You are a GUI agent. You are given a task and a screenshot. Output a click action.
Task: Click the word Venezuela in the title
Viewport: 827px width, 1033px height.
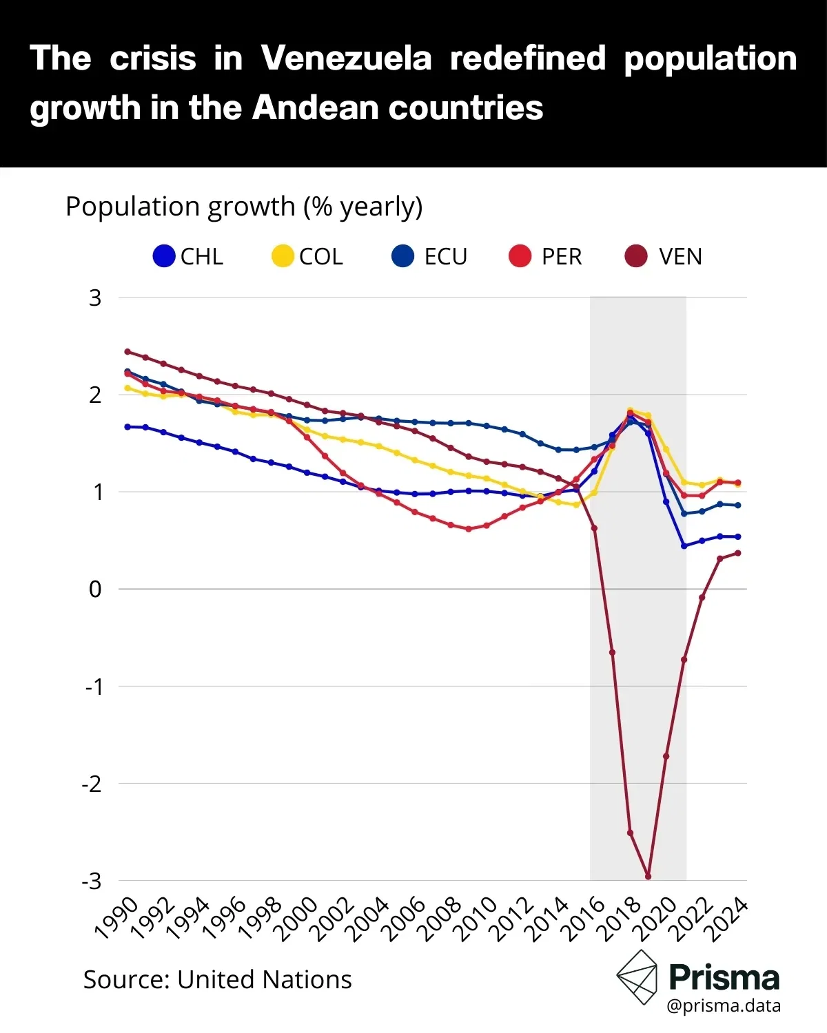point(346,59)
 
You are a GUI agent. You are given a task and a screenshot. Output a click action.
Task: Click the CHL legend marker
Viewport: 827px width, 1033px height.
point(164,257)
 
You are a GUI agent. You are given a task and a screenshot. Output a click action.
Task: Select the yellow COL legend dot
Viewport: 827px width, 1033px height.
point(283,257)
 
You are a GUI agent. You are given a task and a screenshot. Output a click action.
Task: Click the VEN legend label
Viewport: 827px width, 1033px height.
point(680,257)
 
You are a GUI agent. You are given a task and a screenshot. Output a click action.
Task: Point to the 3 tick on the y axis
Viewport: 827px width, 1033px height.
point(95,298)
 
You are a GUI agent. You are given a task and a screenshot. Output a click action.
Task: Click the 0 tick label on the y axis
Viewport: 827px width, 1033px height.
point(95,589)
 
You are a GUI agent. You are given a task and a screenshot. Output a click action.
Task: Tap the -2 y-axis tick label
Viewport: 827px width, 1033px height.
point(92,784)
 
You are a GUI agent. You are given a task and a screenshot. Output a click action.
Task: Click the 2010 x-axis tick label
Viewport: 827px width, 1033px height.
point(476,919)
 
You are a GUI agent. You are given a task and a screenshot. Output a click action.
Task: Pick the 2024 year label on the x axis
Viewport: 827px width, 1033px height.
point(728,919)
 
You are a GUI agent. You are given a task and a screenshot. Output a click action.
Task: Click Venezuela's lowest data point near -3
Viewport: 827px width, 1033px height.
point(648,876)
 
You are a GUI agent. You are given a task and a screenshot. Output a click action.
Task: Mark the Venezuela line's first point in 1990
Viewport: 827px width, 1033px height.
point(127,351)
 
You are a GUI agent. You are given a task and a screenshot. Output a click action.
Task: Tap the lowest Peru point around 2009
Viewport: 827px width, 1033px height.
point(469,529)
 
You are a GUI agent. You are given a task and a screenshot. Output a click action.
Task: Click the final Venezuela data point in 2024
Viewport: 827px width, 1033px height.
point(737,553)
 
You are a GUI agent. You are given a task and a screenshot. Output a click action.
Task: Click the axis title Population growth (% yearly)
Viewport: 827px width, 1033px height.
point(244,207)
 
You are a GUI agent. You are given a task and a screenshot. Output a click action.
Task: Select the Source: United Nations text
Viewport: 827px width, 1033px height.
point(217,979)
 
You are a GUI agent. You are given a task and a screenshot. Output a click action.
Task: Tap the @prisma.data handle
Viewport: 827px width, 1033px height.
point(724,1006)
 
